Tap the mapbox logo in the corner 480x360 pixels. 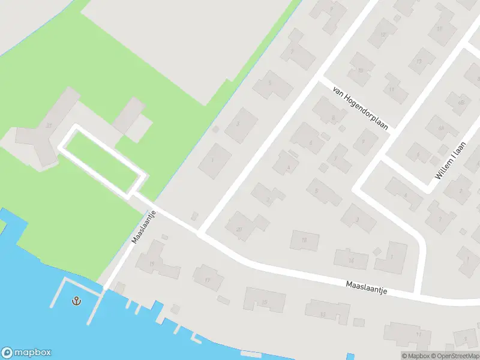pos(26,353)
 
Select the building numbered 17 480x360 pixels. pos(208,279)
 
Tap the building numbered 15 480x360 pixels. pos(264,300)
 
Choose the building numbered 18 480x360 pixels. pos(304,241)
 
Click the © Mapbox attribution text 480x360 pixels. pos(418,356)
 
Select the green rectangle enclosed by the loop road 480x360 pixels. pos(102,161)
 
